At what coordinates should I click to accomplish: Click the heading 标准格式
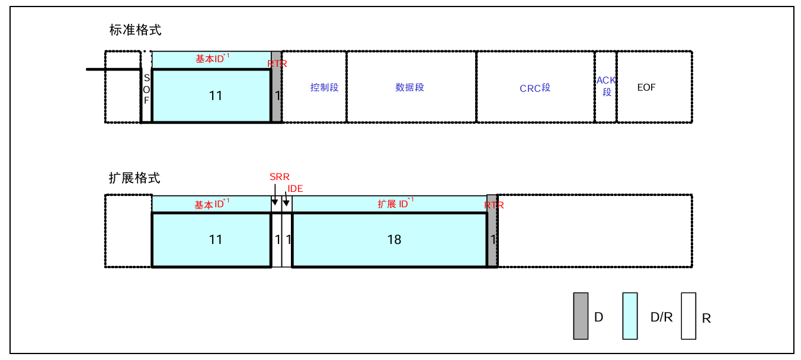(x=135, y=30)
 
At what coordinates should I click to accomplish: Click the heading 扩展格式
(x=134, y=178)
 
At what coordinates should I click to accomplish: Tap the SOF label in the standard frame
(x=146, y=89)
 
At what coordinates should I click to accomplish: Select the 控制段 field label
(x=324, y=88)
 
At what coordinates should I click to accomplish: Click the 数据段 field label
(x=410, y=88)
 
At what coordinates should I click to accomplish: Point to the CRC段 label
(x=535, y=88)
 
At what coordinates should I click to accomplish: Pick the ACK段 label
(x=606, y=86)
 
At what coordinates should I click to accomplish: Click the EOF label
(x=646, y=88)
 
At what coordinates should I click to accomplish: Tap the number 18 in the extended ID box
(x=394, y=239)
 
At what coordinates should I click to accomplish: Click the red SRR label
(x=280, y=177)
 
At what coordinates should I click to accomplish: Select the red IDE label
(x=295, y=188)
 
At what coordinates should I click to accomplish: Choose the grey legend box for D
(x=581, y=316)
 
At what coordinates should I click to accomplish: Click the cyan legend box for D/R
(x=630, y=316)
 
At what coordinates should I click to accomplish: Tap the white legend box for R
(x=688, y=316)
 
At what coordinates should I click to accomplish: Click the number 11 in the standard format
(x=216, y=95)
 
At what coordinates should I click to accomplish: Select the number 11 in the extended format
(x=216, y=239)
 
